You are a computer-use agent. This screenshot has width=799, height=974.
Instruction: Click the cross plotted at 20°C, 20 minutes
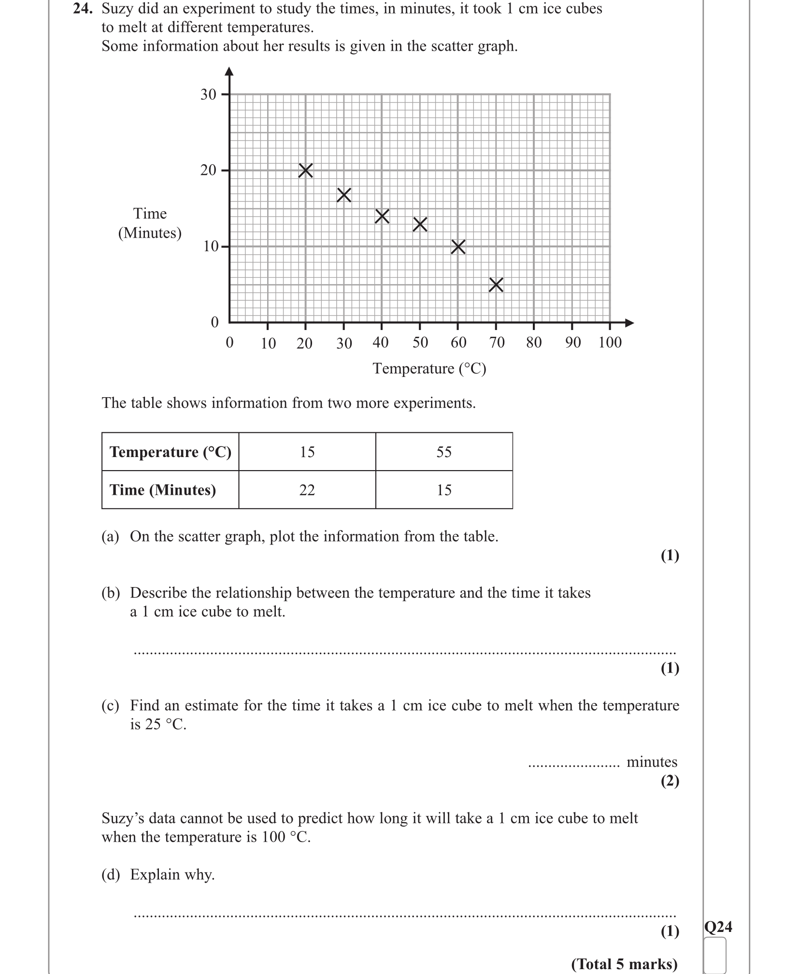coord(305,171)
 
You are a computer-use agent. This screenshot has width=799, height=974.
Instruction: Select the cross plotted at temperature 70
coord(496,285)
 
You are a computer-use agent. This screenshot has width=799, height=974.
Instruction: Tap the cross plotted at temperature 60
coord(458,247)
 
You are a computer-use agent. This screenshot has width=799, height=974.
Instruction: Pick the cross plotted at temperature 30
coord(344,195)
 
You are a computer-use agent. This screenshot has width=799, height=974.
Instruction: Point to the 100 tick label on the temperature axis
coord(610,343)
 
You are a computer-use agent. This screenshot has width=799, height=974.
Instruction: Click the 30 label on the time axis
coord(208,95)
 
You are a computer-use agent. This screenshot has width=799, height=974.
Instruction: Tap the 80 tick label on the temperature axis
coord(534,343)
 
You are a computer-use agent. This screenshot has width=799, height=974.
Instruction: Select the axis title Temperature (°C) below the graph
coord(429,369)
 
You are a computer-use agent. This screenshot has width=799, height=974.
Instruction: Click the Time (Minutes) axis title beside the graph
coord(150,223)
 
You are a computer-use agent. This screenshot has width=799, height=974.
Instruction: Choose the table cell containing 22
coord(307,490)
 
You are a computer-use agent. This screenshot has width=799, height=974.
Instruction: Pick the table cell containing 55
coord(444,452)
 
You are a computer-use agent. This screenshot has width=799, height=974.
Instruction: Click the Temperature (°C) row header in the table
coord(171,452)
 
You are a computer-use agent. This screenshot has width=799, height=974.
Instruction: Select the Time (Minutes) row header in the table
coord(163,490)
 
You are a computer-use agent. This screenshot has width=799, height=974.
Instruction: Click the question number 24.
coord(82,9)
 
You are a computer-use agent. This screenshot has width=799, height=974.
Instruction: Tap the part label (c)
coord(110,706)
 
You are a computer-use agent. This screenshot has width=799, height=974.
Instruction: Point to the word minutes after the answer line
coord(652,762)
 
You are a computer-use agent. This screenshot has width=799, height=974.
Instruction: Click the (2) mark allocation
coord(670,781)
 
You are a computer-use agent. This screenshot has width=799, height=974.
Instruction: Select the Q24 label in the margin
coord(718,927)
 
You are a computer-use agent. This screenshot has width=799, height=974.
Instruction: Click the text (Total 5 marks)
coord(624,964)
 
